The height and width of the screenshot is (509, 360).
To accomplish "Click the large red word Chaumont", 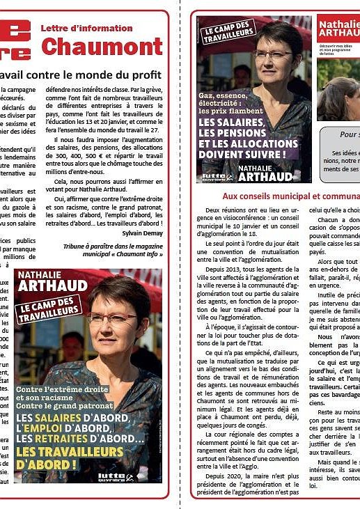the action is pos(102,47).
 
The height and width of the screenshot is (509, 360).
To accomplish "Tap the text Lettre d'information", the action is pos(86,29).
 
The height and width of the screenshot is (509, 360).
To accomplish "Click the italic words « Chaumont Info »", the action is pos(133,255).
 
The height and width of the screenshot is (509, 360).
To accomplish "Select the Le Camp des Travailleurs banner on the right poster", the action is pos(227,37).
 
